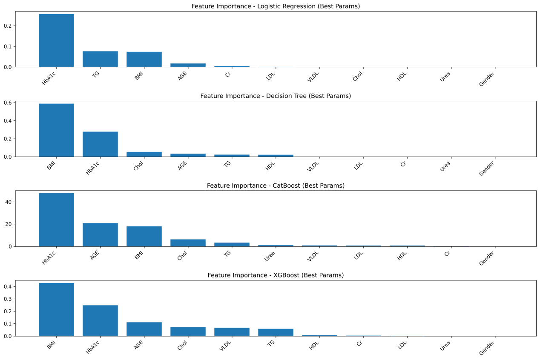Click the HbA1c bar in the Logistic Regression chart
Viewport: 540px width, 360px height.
[x=56, y=40]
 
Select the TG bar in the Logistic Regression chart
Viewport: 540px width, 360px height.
[x=100, y=59]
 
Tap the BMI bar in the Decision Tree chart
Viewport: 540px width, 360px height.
[x=56, y=130]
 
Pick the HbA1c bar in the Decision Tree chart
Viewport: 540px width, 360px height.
[x=100, y=144]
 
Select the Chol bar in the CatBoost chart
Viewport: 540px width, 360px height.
[x=188, y=243]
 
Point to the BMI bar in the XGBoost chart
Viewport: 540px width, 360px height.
[x=56, y=309]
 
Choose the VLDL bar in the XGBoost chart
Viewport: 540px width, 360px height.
[x=232, y=332]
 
